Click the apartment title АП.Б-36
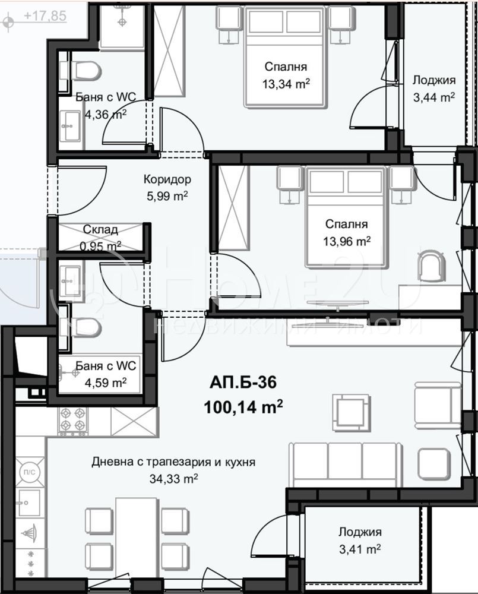point(243,383)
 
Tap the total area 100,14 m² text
point(243,407)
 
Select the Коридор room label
point(167,179)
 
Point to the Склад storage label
point(100,229)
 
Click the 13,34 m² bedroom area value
point(286,84)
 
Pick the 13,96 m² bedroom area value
point(347,241)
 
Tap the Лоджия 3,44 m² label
point(433,89)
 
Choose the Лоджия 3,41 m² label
point(360,540)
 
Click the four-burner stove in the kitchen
point(72,421)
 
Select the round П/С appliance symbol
point(30,472)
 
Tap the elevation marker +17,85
point(45,16)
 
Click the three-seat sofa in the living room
point(344,465)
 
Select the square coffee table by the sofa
point(351,412)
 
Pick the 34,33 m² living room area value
point(174,479)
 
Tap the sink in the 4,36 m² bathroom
point(71,126)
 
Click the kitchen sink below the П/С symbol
point(28,503)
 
